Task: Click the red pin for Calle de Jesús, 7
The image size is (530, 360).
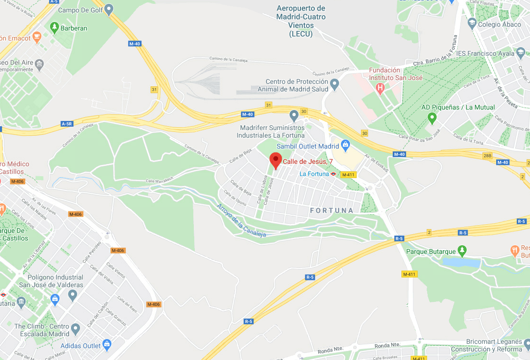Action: point(276,160)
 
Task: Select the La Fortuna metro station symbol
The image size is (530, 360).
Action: point(334,174)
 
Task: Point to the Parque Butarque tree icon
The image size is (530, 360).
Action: point(461,250)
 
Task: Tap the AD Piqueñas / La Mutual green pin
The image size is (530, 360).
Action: point(432,117)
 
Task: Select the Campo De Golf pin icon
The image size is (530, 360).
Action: point(109,9)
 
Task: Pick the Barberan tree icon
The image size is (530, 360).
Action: point(54,27)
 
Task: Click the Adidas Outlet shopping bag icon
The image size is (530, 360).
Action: point(107,343)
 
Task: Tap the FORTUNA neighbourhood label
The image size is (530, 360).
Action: point(331,210)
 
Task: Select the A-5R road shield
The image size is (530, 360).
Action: point(68,123)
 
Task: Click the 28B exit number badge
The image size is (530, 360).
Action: point(487,156)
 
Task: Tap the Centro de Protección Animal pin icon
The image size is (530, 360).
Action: point(335,85)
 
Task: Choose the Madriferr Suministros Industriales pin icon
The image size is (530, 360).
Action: point(294,115)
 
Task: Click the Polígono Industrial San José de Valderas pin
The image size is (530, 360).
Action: point(72,295)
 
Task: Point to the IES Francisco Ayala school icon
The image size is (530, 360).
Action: point(519,53)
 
